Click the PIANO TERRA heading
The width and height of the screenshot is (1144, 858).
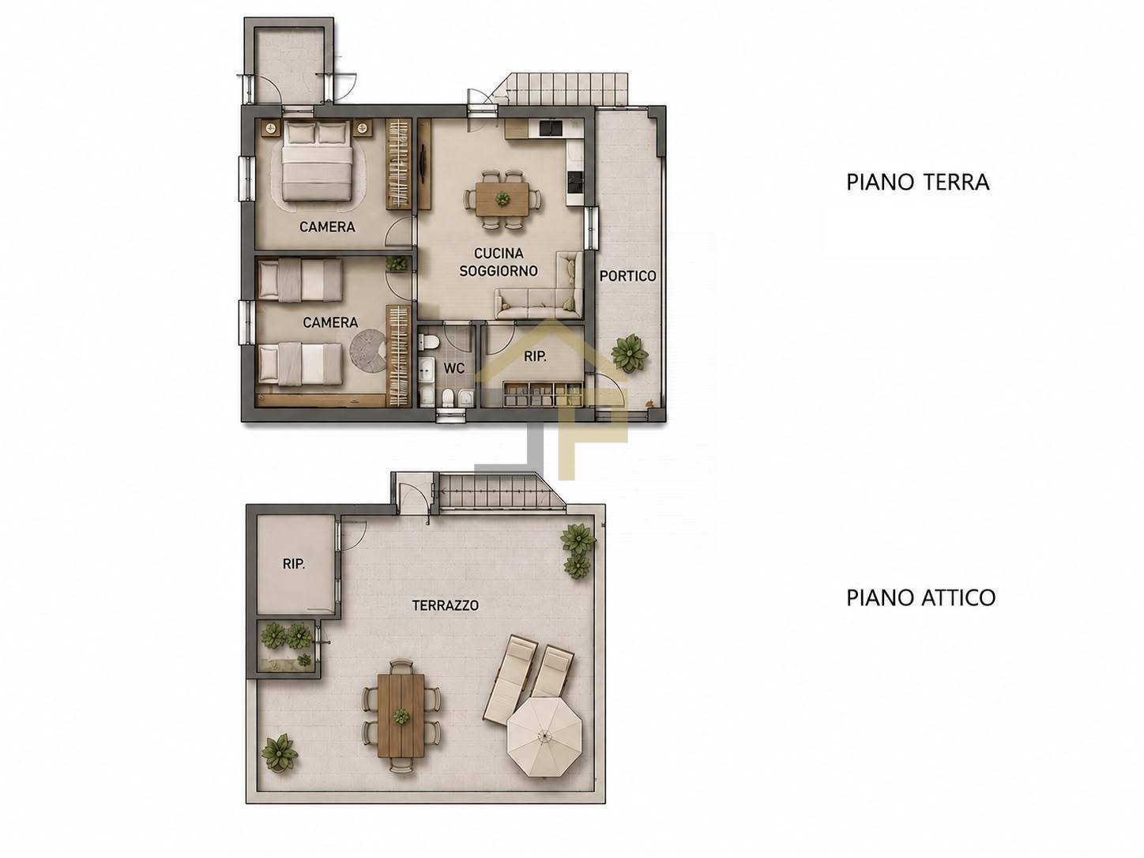click(x=917, y=183)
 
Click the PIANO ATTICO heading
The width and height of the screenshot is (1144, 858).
click(x=920, y=597)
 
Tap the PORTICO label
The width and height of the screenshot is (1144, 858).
click(x=627, y=276)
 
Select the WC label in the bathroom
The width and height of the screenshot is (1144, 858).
click(x=454, y=368)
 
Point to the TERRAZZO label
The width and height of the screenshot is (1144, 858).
click(x=445, y=605)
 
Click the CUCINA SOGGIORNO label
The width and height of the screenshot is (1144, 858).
click(x=499, y=262)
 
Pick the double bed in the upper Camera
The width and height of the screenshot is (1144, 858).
click(x=316, y=161)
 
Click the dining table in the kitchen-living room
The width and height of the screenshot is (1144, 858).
click(x=502, y=198)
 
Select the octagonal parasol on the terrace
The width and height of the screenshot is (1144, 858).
click(x=544, y=736)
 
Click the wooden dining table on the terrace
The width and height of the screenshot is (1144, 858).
click(x=401, y=716)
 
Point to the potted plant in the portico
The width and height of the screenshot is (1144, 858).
click(x=630, y=353)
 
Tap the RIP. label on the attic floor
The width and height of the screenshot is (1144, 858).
click(x=293, y=564)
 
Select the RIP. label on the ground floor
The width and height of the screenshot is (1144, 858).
click(x=535, y=357)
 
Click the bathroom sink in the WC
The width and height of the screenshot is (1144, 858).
click(x=426, y=370)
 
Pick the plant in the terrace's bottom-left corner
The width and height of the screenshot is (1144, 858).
click(x=280, y=752)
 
